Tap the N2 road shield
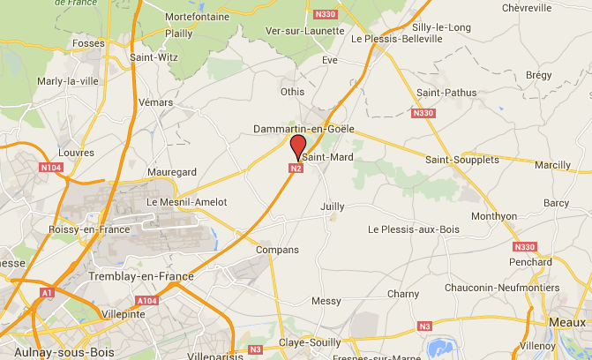point(296,168)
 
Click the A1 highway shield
point(46,292)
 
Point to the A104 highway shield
point(146,300)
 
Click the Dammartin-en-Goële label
point(303,128)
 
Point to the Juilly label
point(333,206)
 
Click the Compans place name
point(277,250)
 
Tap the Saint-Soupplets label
point(461,160)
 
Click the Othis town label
point(291,91)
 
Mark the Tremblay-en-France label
point(141,276)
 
